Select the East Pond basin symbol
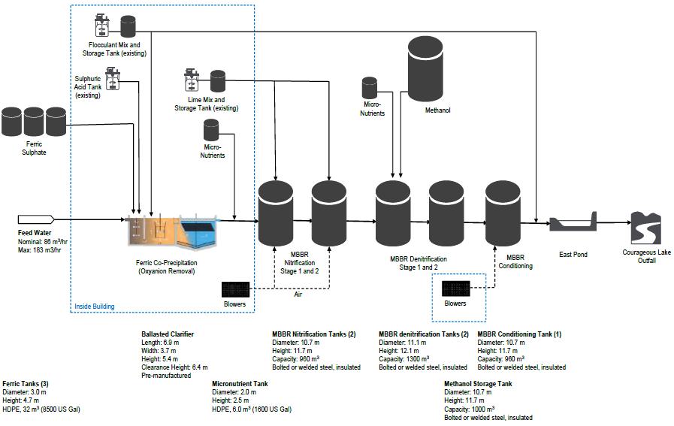click(573, 225)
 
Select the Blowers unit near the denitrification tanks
click(456, 289)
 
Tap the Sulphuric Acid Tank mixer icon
click(113, 76)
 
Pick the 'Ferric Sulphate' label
click(34, 147)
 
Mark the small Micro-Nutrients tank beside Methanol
click(370, 88)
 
